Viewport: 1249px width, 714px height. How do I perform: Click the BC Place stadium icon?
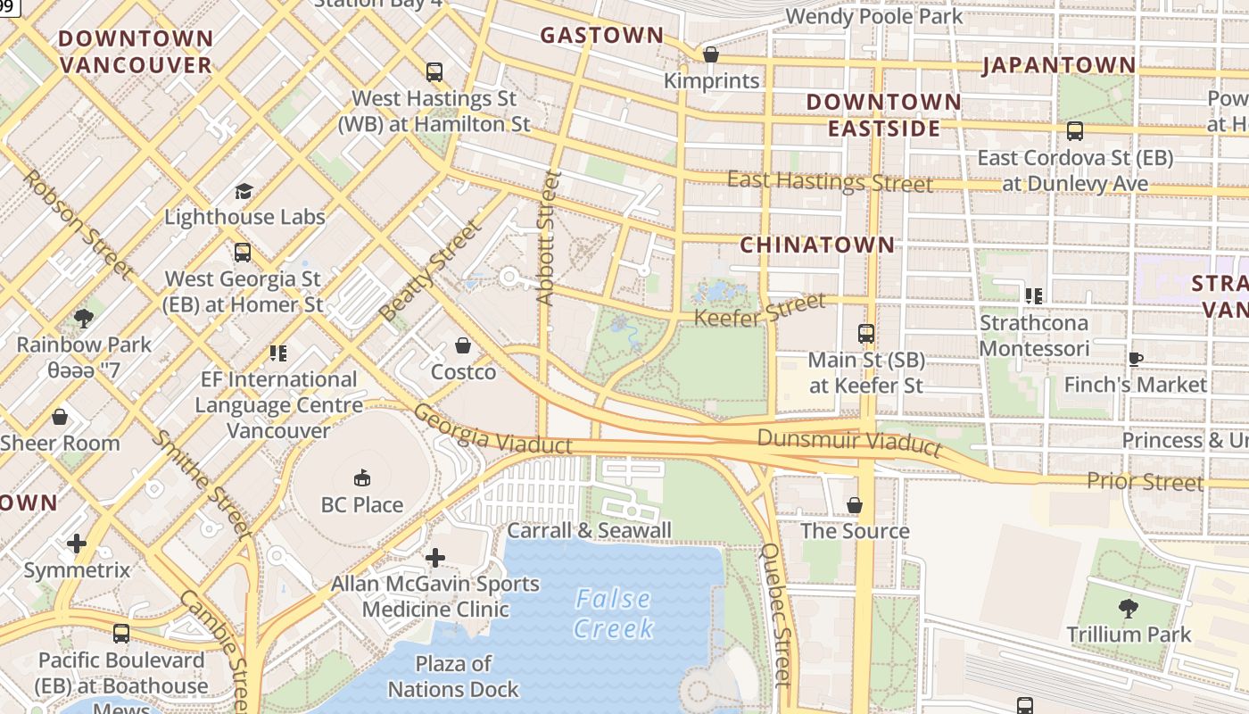362,479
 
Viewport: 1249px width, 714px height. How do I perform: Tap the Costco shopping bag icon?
463,345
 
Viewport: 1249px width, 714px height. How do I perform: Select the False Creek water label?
613,613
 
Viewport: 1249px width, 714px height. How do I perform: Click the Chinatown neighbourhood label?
817,245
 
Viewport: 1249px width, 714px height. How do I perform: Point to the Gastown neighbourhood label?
602,36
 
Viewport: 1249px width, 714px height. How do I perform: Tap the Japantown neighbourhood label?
1059,65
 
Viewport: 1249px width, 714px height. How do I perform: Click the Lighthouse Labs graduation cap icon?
244,191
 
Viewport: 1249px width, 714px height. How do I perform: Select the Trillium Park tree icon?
1129,609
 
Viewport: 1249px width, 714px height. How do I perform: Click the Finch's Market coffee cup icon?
1135,360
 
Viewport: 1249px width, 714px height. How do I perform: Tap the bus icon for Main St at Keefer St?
865,334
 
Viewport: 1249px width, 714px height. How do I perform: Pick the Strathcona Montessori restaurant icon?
1034,296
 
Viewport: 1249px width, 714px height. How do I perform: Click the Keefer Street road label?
760,311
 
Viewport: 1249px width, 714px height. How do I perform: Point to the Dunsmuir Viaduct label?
849,441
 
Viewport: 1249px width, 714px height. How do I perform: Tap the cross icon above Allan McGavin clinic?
434,559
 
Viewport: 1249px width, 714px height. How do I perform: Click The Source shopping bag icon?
855,505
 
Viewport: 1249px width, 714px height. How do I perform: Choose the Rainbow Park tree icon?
84,319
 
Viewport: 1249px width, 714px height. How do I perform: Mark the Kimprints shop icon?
711,55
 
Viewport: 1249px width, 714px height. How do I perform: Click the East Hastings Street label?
830,181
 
